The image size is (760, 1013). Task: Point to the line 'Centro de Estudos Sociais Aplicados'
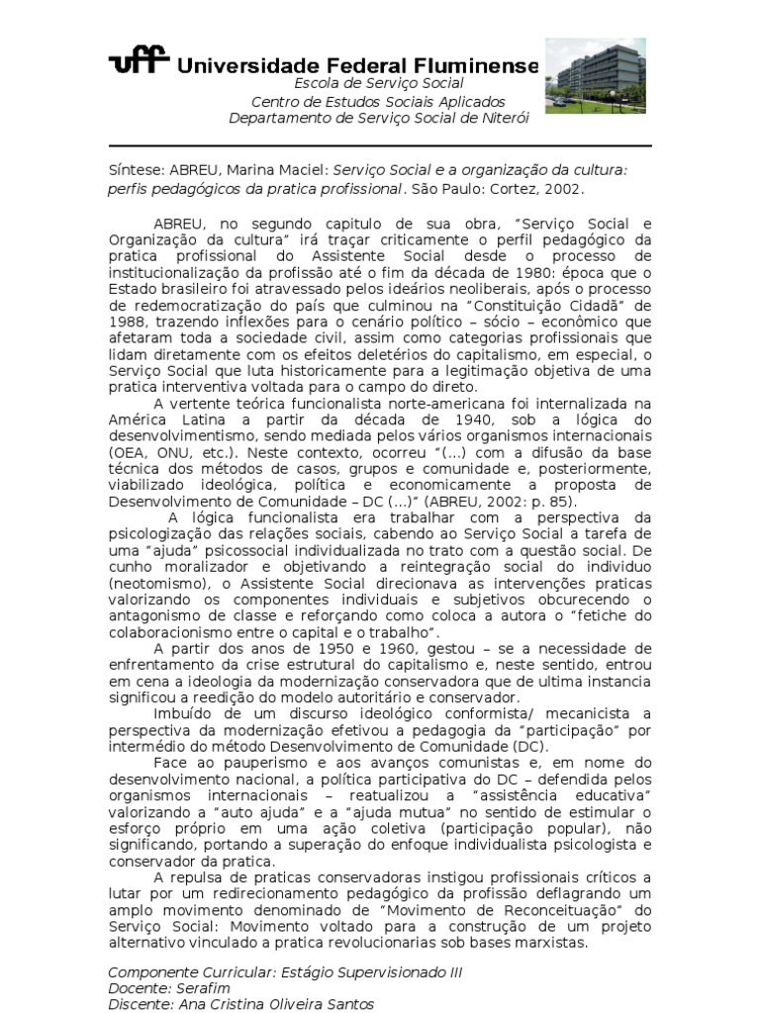pyautogui.click(x=378, y=102)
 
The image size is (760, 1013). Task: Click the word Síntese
pyautogui.click(x=135, y=169)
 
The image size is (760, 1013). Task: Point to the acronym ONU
pyautogui.click(x=172, y=452)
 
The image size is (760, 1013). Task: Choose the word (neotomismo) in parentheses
pyautogui.click(x=159, y=584)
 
